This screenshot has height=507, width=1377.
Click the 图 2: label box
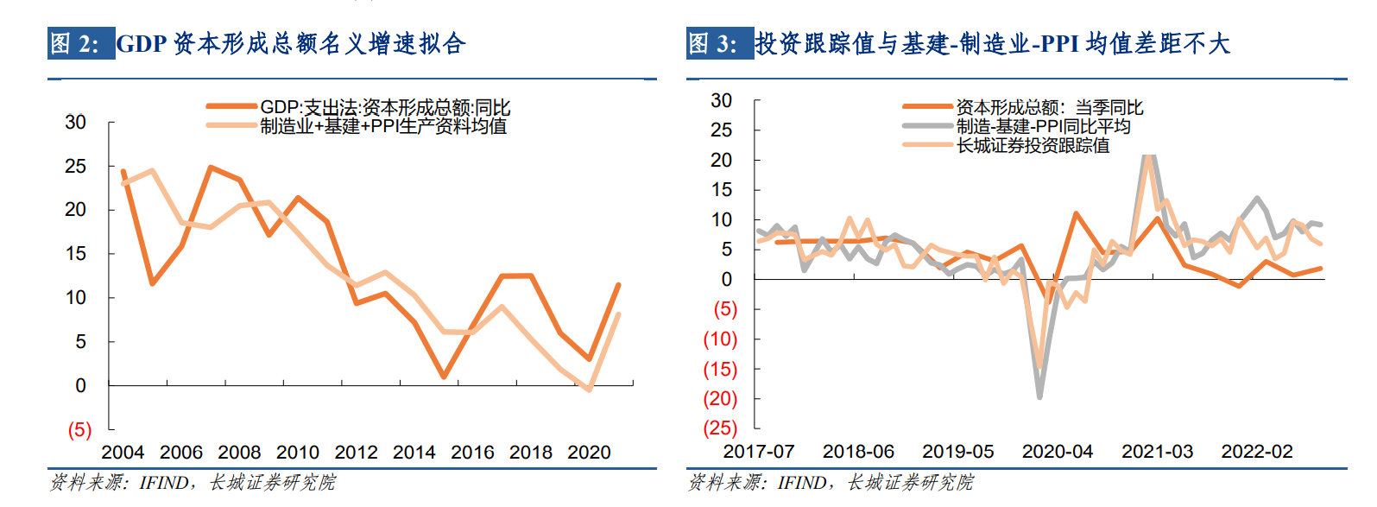point(80,44)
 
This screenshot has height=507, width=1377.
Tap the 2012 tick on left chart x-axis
point(356,453)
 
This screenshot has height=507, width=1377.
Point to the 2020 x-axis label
point(589,453)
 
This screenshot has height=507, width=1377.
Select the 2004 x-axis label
point(123,453)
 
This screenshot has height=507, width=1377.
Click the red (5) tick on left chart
point(79,429)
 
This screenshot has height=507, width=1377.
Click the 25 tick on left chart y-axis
point(76,166)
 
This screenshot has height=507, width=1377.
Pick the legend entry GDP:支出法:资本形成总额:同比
point(384,107)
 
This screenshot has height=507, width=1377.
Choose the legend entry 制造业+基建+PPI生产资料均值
point(383,126)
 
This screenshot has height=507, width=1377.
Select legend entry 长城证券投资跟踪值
point(1032,145)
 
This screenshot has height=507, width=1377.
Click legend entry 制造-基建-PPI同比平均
point(1043,126)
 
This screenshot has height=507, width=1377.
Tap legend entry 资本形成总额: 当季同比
point(1048,107)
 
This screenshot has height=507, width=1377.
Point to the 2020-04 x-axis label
point(1057,452)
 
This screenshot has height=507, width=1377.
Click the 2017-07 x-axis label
point(758,452)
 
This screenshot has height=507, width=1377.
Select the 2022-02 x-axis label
point(1256,452)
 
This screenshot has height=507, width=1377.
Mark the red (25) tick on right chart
point(720,428)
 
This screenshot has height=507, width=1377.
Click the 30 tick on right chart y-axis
point(722,100)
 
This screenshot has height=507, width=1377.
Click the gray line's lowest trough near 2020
point(1039,396)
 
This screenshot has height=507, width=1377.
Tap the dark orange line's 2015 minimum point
point(443,377)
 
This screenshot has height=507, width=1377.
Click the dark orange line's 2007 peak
point(211,168)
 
